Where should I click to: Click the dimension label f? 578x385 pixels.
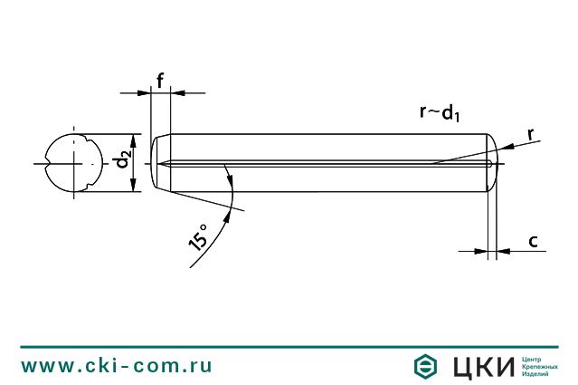coord(160,80)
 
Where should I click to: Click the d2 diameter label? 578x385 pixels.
coord(123,163)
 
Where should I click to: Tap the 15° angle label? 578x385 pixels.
coord(198,236)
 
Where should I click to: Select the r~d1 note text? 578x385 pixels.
coord(441,112)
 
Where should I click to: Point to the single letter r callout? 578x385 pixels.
coord(531,134)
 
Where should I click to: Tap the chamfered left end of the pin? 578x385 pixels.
coord(161,163)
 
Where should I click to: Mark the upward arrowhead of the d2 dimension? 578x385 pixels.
coord(134,141)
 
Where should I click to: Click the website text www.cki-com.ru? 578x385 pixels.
coord(117,366)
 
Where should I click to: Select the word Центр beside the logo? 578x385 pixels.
coord(535,358)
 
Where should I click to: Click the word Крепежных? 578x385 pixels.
coord(540,366)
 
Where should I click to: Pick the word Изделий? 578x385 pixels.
coord(537,374)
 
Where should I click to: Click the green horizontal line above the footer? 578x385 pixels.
coord(289,346)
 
